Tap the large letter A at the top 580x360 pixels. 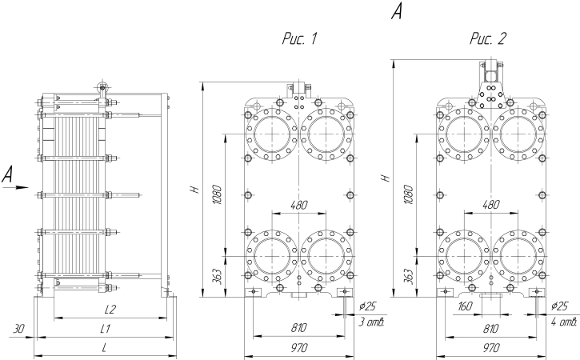(397, 11)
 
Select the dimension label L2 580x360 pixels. (111, 310)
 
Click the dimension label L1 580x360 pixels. (105, 329)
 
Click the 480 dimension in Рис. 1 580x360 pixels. (298, 206)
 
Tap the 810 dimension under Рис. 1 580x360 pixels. (298, 329)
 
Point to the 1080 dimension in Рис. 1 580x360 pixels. (216, 194)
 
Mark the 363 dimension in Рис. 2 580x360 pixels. (409, 276)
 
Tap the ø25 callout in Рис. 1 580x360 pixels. (368, 306)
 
